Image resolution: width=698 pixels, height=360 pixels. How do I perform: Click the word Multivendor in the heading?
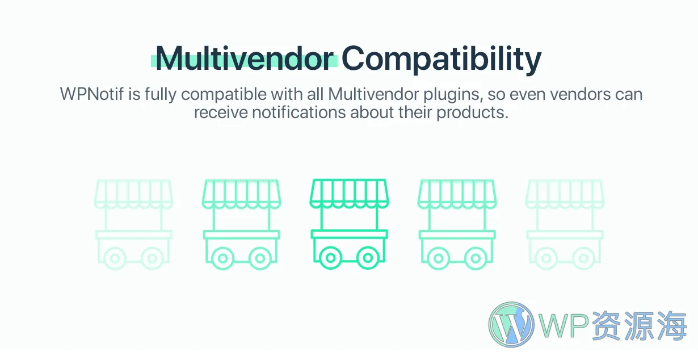coord(245,58)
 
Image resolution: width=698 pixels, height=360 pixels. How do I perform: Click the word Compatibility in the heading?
coord(441,59)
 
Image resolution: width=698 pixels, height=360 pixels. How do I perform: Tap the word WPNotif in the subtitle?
coord(92,94)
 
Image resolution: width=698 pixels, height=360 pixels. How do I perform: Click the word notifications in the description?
coord(299,112)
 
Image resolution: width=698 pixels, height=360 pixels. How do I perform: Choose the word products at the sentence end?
coord(472,113)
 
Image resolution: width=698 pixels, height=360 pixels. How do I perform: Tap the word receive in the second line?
coord(221,112)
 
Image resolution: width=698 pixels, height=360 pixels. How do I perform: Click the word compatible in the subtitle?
coord(224,95)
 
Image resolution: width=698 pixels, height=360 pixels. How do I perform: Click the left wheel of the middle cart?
coord(331,258)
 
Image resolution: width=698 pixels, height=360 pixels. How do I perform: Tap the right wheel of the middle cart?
coord(368,258)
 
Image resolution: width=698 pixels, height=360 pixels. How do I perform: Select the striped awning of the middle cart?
coord(349,193)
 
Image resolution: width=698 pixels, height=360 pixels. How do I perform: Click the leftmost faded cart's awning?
coord(133,193)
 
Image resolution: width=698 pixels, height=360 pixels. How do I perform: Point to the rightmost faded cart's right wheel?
coord(583,258)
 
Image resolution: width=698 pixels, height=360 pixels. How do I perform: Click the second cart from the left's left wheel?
coord(223,258)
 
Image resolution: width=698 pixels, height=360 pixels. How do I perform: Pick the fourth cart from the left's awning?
coord(457,193)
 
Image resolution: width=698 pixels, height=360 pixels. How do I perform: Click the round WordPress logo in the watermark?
coord(511,324)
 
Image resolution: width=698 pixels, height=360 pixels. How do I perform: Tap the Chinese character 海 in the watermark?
coord(672,326)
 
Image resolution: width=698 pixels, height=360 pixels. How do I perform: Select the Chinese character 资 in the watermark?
coord(606,326)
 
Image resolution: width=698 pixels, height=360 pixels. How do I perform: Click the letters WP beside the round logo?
coord(564,326)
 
